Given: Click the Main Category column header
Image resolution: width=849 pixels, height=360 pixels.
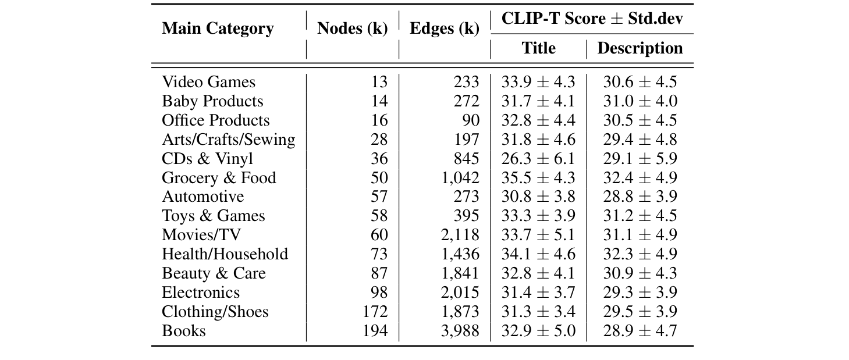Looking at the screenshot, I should tap(218, 28).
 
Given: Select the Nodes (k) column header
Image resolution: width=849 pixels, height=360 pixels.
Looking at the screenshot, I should tap(352, 28).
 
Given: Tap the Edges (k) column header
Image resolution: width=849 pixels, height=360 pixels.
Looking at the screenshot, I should tap(445, 28).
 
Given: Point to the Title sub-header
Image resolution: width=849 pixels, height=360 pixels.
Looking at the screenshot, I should tap(538, 48).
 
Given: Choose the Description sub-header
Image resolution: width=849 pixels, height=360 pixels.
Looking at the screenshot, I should tap(640, 48).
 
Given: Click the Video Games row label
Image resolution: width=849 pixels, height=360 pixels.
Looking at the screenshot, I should tap(208, 82).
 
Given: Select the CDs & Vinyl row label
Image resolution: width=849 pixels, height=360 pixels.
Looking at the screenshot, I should tap(207, 158).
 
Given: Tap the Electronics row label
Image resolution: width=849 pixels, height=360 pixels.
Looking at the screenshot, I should tap(201, 292).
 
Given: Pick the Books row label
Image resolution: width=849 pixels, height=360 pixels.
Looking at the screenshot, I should tap(183, 330).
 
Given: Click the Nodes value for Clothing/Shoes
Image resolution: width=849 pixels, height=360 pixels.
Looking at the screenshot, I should tap(374, 311).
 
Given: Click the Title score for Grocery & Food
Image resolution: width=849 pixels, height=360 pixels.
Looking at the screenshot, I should tap(538, 177).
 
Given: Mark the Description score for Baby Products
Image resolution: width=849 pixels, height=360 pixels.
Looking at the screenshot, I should tap(640, 101).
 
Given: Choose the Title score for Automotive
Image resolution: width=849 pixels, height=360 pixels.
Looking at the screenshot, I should tap(538, 197).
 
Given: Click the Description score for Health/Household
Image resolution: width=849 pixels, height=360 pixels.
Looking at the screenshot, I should tap(640, 254).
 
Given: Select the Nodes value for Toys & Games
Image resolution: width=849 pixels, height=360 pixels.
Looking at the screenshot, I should tap(379, 216).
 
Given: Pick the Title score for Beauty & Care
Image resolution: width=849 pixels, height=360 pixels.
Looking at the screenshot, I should tap(538, 273).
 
